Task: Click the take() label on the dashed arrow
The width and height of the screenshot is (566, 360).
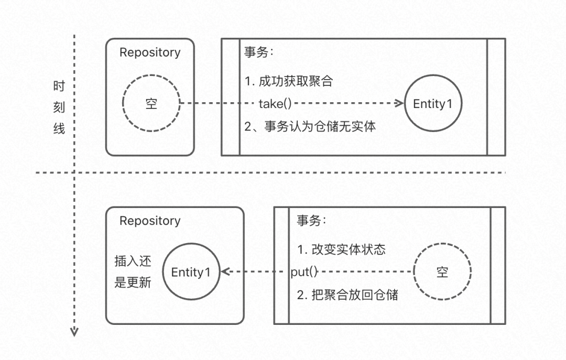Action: pyautogui.click(x=275, y=103)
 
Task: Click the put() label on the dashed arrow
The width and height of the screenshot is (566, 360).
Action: pyautogui.click(x=304, y=271)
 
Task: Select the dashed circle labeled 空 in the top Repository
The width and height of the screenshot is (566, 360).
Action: pyautogui.click(x=151, y=104)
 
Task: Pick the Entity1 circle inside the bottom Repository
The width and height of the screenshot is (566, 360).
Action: pyautogui.click(x=191, y=272)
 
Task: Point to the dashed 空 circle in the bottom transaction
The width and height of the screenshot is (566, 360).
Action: pyautogui.click(x=442, y=272)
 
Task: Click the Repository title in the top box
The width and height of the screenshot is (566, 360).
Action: pyautogui.click(x=150, y=52)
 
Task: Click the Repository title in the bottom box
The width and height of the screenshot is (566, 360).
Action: pyautogui.click(x=150, y=221)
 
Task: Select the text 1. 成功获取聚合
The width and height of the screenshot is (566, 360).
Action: pyautogui.click(x=288, y=82)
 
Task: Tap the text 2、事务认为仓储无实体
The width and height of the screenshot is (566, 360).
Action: pyautogui.click(x=310, y=126)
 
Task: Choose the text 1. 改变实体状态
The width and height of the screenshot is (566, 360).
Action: pyautogui.click(x=341, y=249)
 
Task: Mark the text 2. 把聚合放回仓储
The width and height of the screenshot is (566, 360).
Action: pyautogui.click(x=347, y=294)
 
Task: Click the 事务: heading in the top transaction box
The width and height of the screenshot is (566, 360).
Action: pyautogui.click(x=259, y=52)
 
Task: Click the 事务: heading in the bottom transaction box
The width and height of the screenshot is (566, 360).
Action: pyautogui.click(x=311, y=221)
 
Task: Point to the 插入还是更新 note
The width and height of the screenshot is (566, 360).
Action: pyautogui.click(x=133, y=272)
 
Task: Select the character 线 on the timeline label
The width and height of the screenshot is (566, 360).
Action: pyautogui.click(x=59, y=129)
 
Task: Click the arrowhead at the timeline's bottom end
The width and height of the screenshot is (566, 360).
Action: pyautogui.click(x=74, y=331)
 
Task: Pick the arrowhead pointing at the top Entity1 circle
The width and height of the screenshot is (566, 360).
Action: pyautogui.click(x=400, y=103)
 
